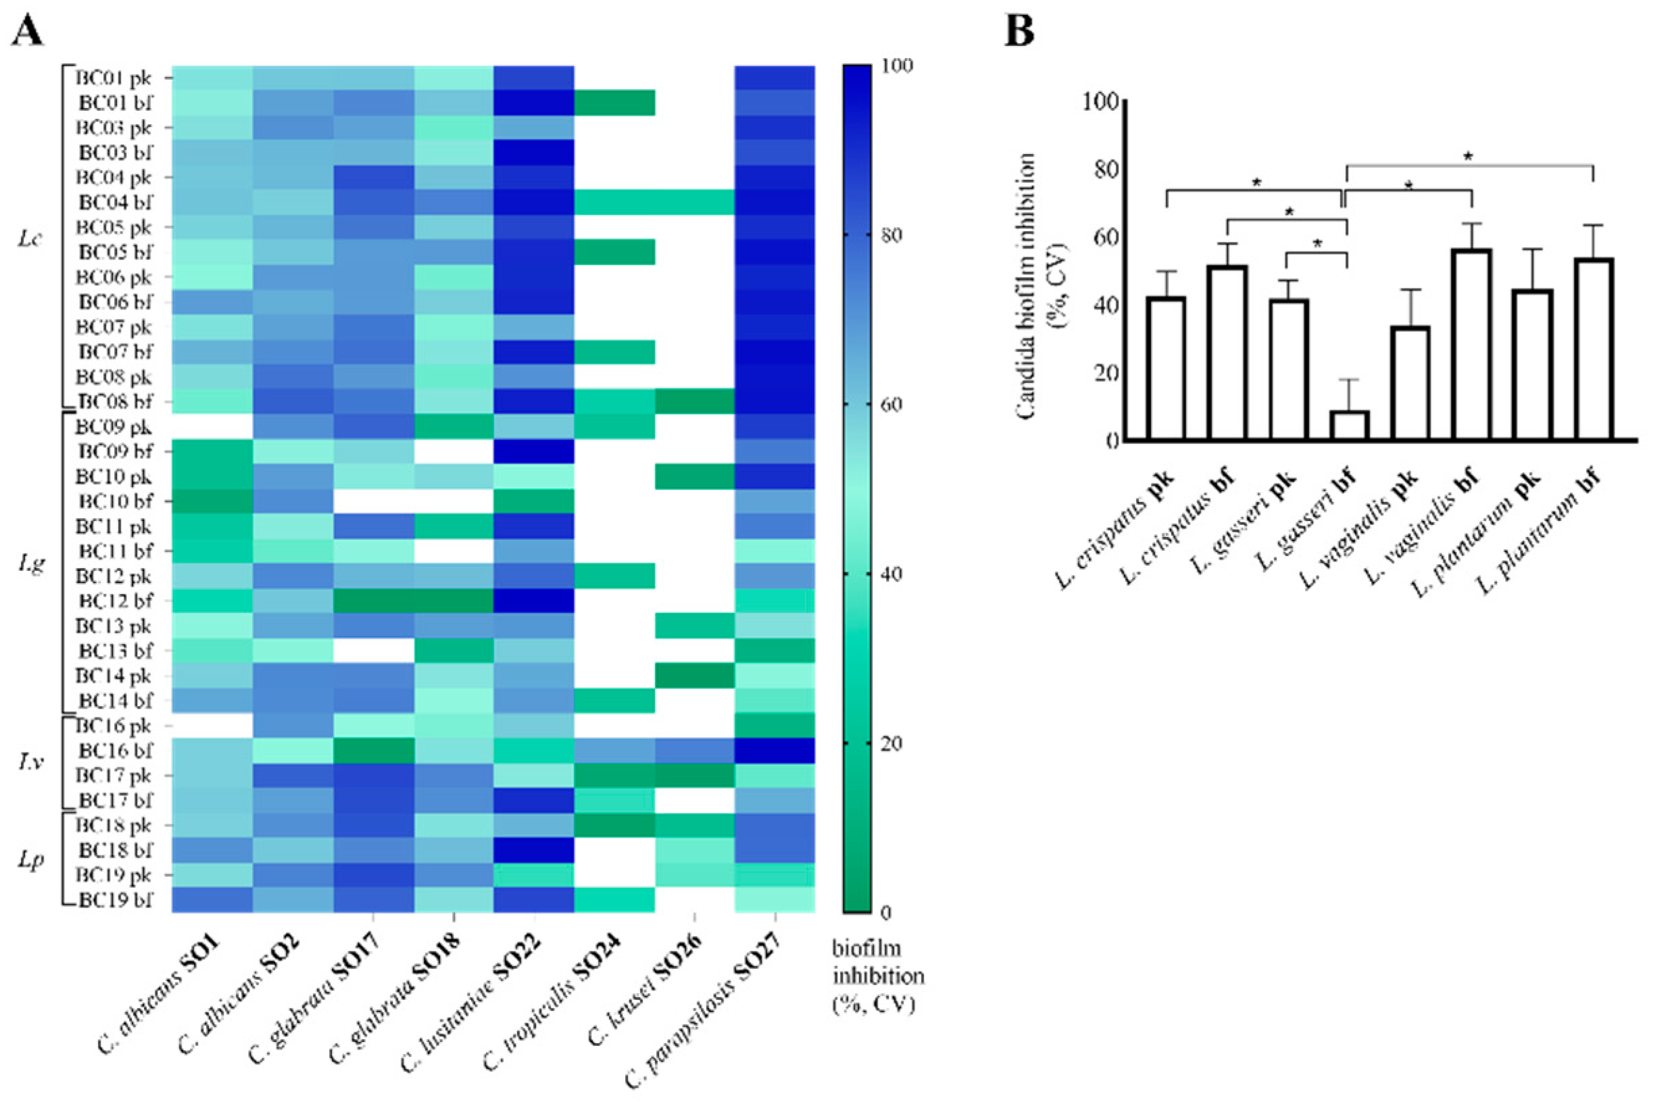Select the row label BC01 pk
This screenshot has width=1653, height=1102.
pos(114,77)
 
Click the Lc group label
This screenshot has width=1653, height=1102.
pos(29,240)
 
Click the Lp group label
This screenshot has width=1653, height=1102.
pos(29,861)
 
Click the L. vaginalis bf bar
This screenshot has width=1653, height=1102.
pos(1472,345)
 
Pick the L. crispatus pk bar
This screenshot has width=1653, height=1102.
pos(1166,368)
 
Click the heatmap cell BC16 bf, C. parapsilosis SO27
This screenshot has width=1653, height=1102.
pos(774,751)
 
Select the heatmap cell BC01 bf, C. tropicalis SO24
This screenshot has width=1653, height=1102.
pos(614,103)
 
